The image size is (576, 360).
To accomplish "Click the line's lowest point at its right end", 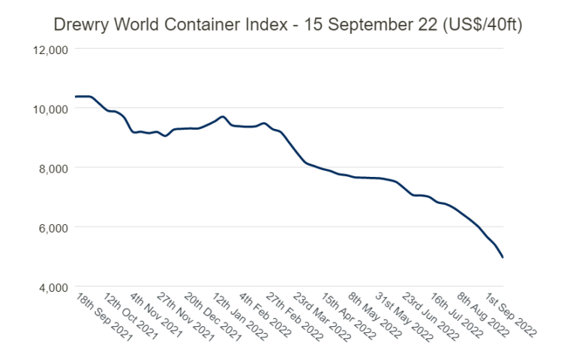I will (x=502, y=258).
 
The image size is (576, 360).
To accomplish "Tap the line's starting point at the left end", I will (x=75, y=97).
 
